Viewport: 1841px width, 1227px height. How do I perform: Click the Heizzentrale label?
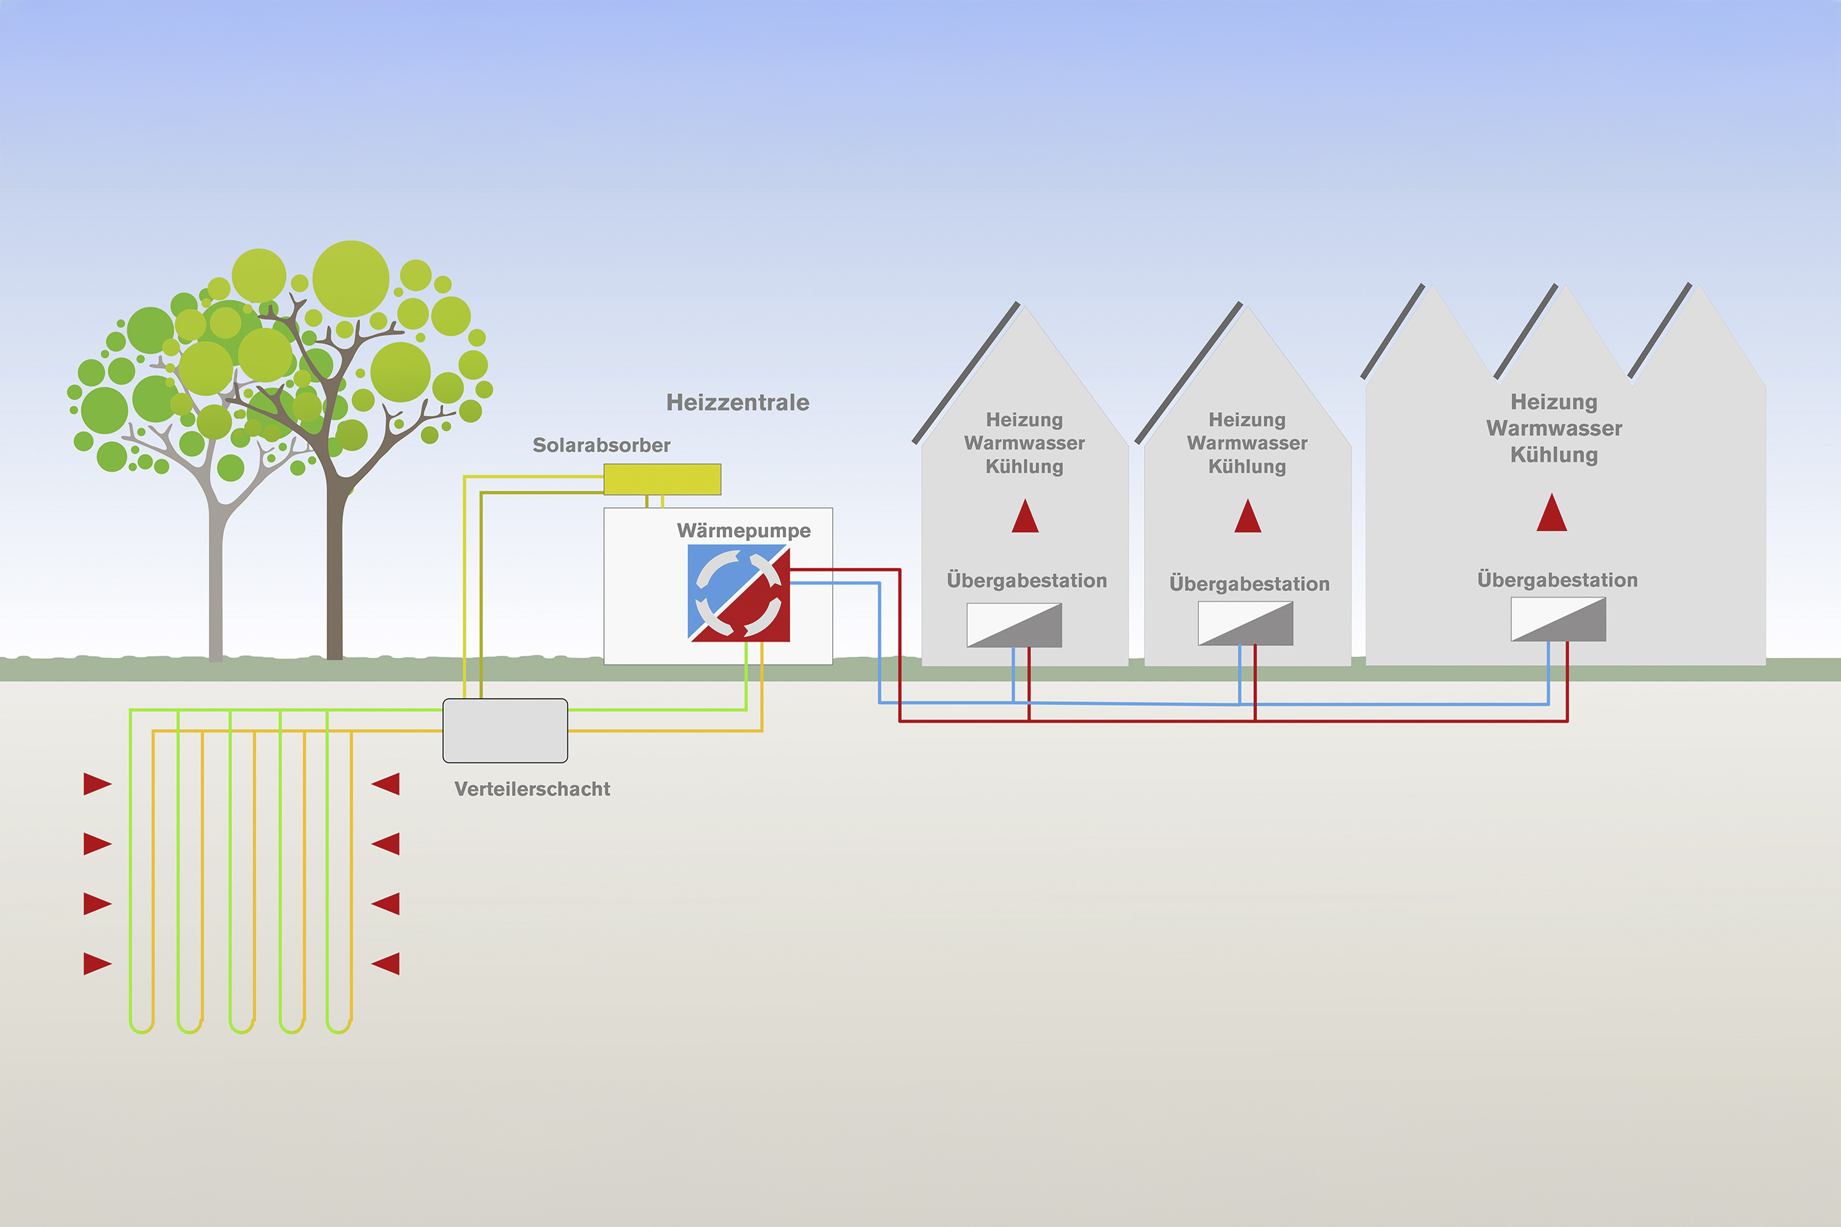click(738, 402)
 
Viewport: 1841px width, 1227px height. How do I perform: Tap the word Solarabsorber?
click(601, 446)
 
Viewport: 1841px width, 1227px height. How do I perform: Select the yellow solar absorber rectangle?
click(662, 479)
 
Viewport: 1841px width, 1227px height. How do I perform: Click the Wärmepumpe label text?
click(744, 530)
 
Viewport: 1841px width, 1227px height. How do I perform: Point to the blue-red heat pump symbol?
click(739, 594)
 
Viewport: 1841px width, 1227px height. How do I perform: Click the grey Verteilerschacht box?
click(505, 731)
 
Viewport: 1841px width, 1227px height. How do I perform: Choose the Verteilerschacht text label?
click(532, 789)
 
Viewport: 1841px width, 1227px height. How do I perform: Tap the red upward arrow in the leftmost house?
click(1024, 517)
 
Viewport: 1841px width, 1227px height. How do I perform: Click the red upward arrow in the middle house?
click(1247, 517)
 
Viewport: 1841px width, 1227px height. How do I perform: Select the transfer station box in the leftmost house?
click(1014, 625)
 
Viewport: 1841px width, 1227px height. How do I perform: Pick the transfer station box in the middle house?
click(1246, 624)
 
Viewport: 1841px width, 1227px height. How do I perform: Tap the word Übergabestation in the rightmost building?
click(1557, 580)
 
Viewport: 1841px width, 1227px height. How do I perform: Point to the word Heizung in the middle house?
click(1247, 420)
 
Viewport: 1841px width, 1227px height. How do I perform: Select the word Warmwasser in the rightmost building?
click(1554, 429)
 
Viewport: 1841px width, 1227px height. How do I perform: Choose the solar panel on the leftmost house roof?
click(966, 373)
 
